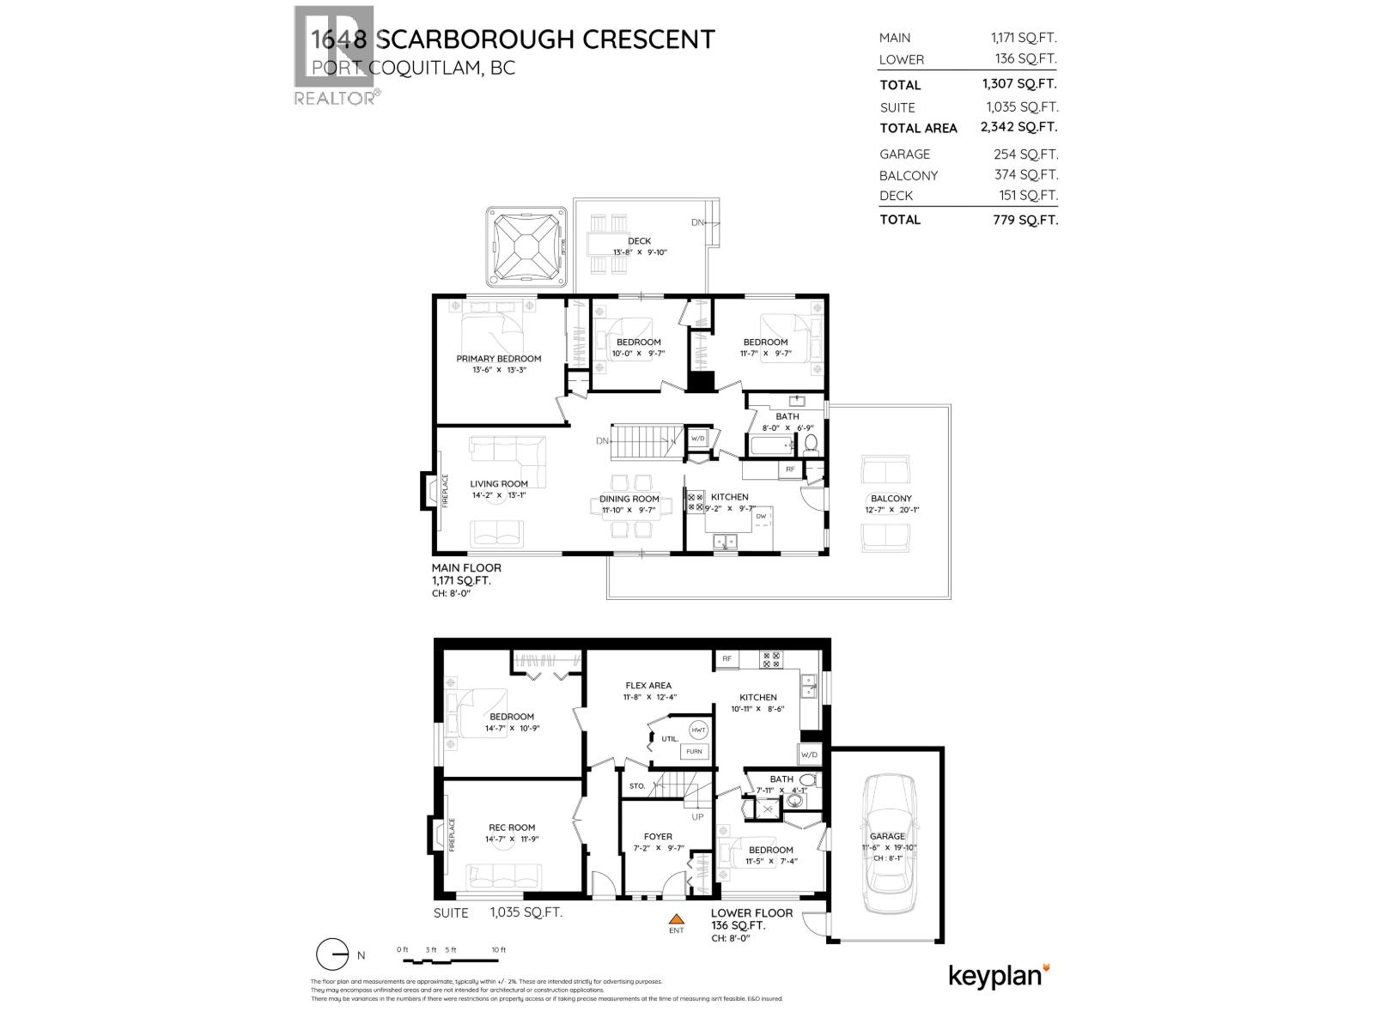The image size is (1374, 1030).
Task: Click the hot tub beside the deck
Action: click(x=526, y=247)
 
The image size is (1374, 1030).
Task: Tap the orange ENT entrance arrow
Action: click(x=677, y=919)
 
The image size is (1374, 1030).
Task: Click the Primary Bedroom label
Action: click(x=498, y=359)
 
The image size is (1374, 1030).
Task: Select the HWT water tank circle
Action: click(x=698, y=730)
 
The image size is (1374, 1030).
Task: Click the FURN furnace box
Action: click(x=694, y=752)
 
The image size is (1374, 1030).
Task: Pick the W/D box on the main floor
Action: click(x=697, y=439)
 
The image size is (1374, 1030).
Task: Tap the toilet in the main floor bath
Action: click(x=811, y=444)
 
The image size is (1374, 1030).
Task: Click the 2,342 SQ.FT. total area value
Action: click(x=1019, y=127)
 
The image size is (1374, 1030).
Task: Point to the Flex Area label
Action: click(x=648, y=686)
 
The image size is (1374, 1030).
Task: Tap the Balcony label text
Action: click(x=891, y=499)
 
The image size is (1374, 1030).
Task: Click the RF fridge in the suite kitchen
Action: click(x=727, y=659)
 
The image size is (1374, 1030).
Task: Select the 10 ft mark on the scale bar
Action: click(x=499, y=950)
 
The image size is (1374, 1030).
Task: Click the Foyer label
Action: click(x=658, y=837)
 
